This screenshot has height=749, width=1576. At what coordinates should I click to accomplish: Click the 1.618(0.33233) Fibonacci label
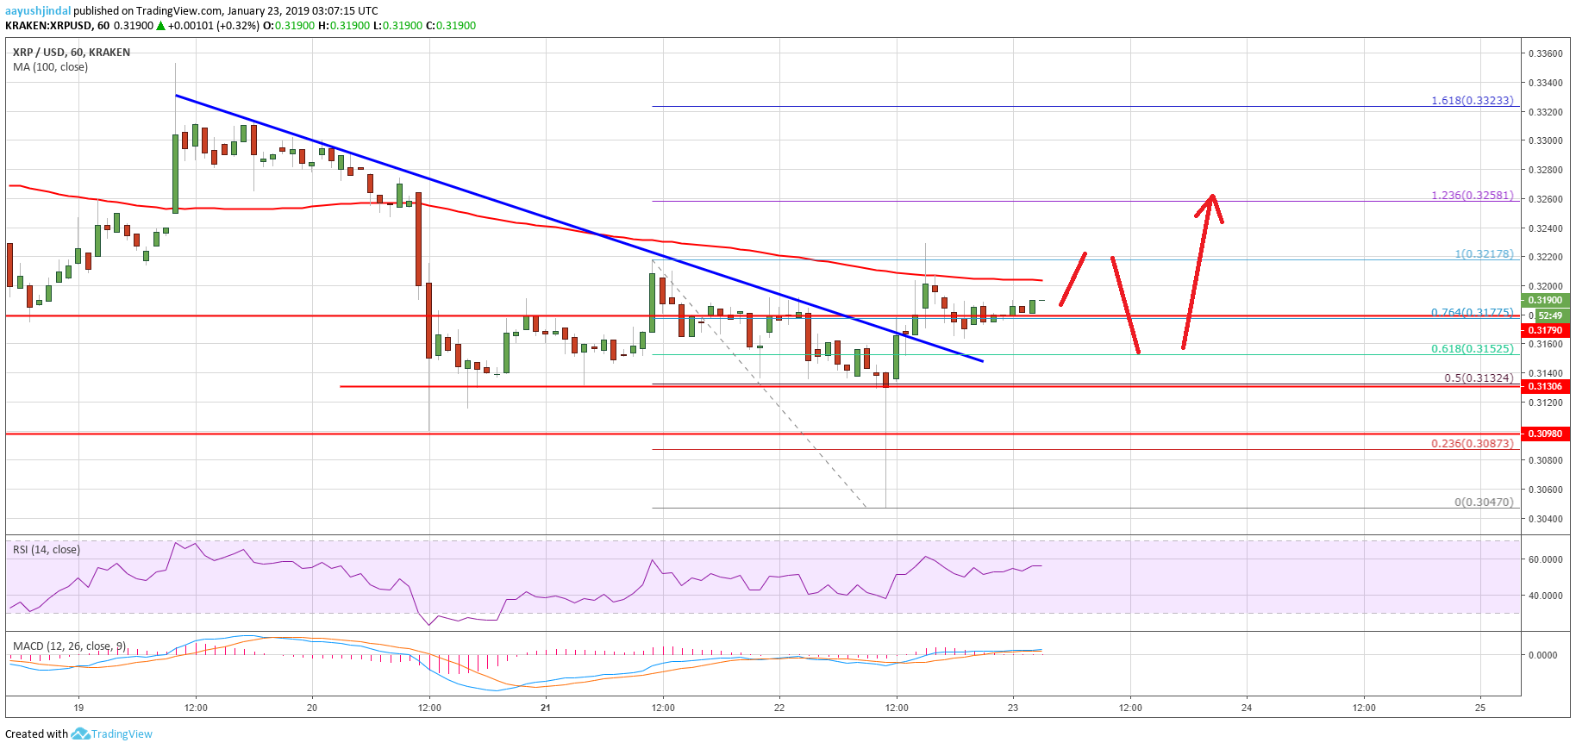1472,101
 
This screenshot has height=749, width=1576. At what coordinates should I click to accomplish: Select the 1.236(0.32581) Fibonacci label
1472,196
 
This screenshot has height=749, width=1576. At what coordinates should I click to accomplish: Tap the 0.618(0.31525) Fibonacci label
1472,349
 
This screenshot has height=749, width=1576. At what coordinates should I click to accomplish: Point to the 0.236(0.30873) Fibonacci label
1472,444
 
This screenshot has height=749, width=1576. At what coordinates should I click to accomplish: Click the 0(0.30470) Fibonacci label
1483,502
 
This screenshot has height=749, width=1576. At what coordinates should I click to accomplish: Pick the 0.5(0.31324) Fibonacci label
1478,378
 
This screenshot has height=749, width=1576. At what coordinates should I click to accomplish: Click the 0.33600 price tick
1544,53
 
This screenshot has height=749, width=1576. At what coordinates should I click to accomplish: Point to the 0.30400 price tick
1544,519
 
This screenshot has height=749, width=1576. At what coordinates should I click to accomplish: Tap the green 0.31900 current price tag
1545,300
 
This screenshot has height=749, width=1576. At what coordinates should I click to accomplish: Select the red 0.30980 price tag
1545,434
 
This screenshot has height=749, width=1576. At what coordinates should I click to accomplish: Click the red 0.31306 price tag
1545,386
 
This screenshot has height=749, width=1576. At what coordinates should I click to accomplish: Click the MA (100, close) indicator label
50,67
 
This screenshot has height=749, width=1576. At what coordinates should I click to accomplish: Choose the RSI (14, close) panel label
47,550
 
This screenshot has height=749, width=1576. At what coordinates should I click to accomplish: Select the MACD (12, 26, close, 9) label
70,646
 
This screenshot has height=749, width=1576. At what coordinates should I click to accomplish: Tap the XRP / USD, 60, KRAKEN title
72,53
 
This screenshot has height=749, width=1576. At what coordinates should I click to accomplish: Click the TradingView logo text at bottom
121,734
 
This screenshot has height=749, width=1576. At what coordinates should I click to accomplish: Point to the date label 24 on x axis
1247,708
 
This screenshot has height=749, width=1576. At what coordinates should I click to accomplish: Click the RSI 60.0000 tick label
1544,559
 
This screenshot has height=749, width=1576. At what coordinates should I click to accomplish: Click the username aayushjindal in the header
38,11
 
